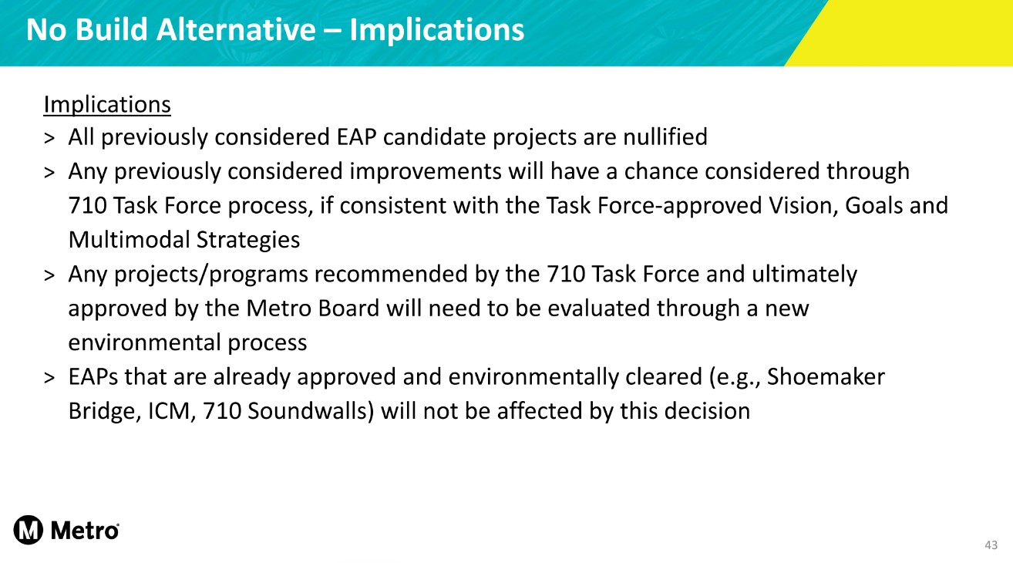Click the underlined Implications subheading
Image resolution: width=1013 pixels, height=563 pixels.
[x=107, y=105]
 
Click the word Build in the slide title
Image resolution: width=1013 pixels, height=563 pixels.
[x=111, y=30]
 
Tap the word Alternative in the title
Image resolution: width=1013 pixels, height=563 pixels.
[x=236, y=30]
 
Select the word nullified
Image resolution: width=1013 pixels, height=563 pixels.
[x=665, y=137]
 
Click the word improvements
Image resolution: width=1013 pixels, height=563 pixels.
[x=425, y=171]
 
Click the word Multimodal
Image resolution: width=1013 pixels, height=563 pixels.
[x=129, y=240]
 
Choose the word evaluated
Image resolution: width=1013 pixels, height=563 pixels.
[x=599, y=308]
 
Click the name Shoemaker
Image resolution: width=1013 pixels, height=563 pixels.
[x=826, y=377]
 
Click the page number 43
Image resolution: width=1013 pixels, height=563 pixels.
[x=991, y=545]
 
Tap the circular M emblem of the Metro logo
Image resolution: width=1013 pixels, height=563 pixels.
[x=28, y=530]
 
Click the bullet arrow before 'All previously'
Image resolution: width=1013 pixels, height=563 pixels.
[x=49, y=138]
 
